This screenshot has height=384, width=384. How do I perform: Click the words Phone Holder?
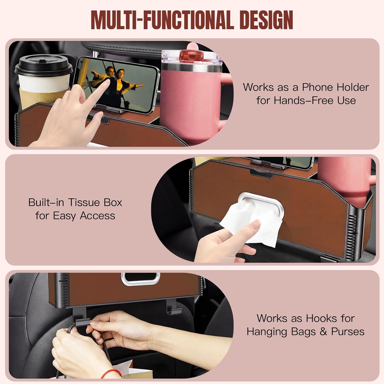pyautogui.click(x=335, y=87)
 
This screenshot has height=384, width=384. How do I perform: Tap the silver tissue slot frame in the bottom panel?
pyautogui.click(x=141, y=279)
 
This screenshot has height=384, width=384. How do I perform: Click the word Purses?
pyautogui.click(x=348, y=332)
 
